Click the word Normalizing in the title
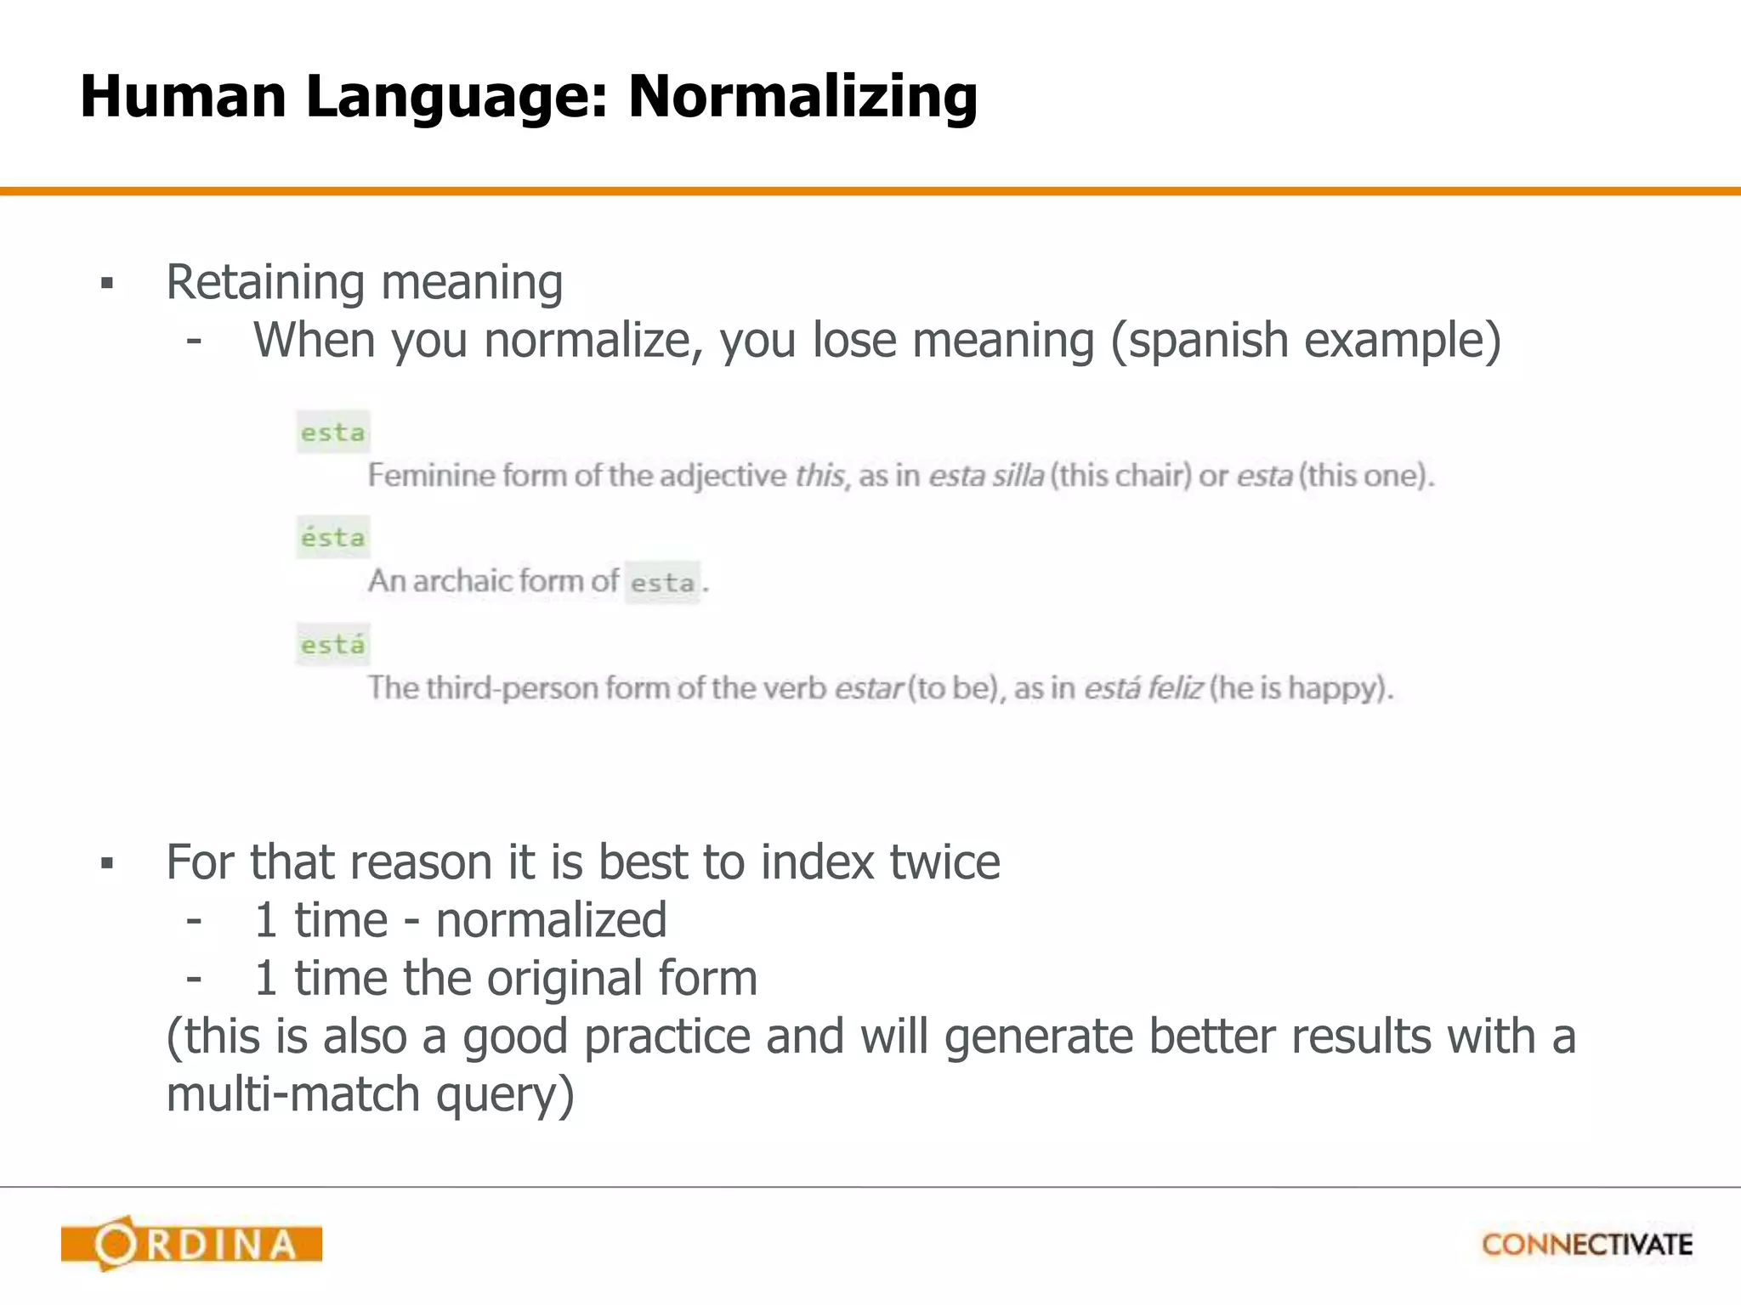click(x=802, y=97)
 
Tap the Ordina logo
click(x=191, y=1244)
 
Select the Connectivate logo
click(x=1587, y=1245)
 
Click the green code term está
click(x=332, y=645)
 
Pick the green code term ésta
click(x=332, y=538)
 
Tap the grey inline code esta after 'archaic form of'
click(x=662, y=583)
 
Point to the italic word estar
click(x=868, y=687)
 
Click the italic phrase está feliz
click(x=1143, y=687)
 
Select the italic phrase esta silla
click(x=986, y=476)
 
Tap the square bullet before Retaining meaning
click(x=107, y=284)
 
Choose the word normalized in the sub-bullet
click(x=551, y=920)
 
